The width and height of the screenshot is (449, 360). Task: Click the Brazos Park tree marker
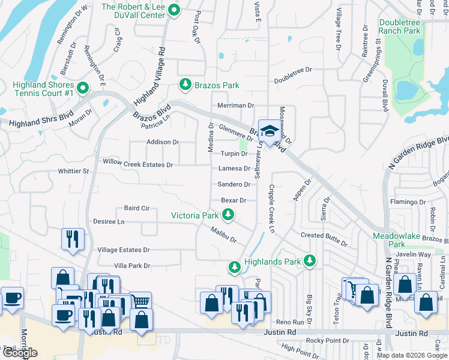(x=185, y=85)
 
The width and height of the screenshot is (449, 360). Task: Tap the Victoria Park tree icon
(x=228, y=214)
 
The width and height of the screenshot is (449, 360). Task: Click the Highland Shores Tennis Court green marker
(x=83, y=89)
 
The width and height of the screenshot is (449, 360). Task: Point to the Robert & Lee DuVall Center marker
(x=175, y=10)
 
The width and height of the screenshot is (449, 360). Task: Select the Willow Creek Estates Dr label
(x=138, y=164)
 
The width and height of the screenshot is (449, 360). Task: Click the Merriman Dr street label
(x=236, y=106)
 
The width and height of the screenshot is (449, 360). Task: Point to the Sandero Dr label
(x=234, y=185)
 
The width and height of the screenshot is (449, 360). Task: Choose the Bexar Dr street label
(x=234, y=200)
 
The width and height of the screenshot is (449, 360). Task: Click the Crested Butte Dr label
(x=324, y=239)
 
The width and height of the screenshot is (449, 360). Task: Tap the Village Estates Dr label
(x=123, y=250)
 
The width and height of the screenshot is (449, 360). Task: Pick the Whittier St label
(x=73, y=171)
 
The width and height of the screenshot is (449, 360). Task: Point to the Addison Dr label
(x=163, y=142)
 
